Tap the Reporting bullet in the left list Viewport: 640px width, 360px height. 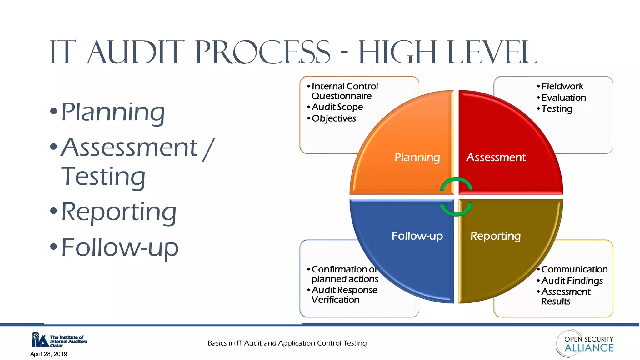click(119, 212)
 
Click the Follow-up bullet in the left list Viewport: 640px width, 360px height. click(120, 247)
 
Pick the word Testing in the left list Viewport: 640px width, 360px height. click(103, 177)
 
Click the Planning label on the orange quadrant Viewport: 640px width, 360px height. click(417, 157)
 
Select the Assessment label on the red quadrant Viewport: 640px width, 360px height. click(496, 157)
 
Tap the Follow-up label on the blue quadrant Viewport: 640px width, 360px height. click(417, 236)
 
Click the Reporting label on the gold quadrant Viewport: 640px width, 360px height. click(496, 236)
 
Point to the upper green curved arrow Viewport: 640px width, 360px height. click(457, 183)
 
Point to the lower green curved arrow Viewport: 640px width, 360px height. click(456, 210)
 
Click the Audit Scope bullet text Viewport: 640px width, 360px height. click(337, 107)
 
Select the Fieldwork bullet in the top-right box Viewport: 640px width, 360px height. click(562, 86)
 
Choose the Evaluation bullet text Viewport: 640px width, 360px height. click(563, 97)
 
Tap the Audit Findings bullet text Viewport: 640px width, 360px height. click(572, 281)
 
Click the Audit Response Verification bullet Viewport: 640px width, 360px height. click(344, 295)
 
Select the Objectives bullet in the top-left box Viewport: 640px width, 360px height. click(334, 118)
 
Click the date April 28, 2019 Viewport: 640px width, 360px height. click(49, 354)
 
